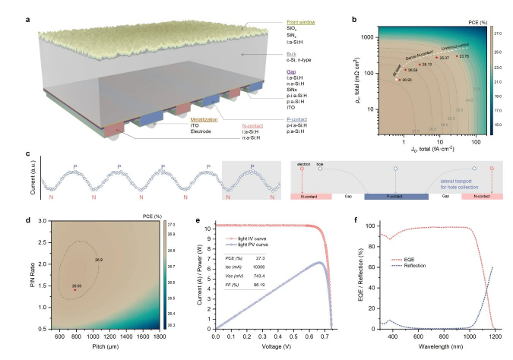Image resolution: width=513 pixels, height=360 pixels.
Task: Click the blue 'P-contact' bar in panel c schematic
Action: coord(395,196)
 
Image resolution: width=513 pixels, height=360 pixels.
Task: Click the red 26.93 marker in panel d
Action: coord(74,289)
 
